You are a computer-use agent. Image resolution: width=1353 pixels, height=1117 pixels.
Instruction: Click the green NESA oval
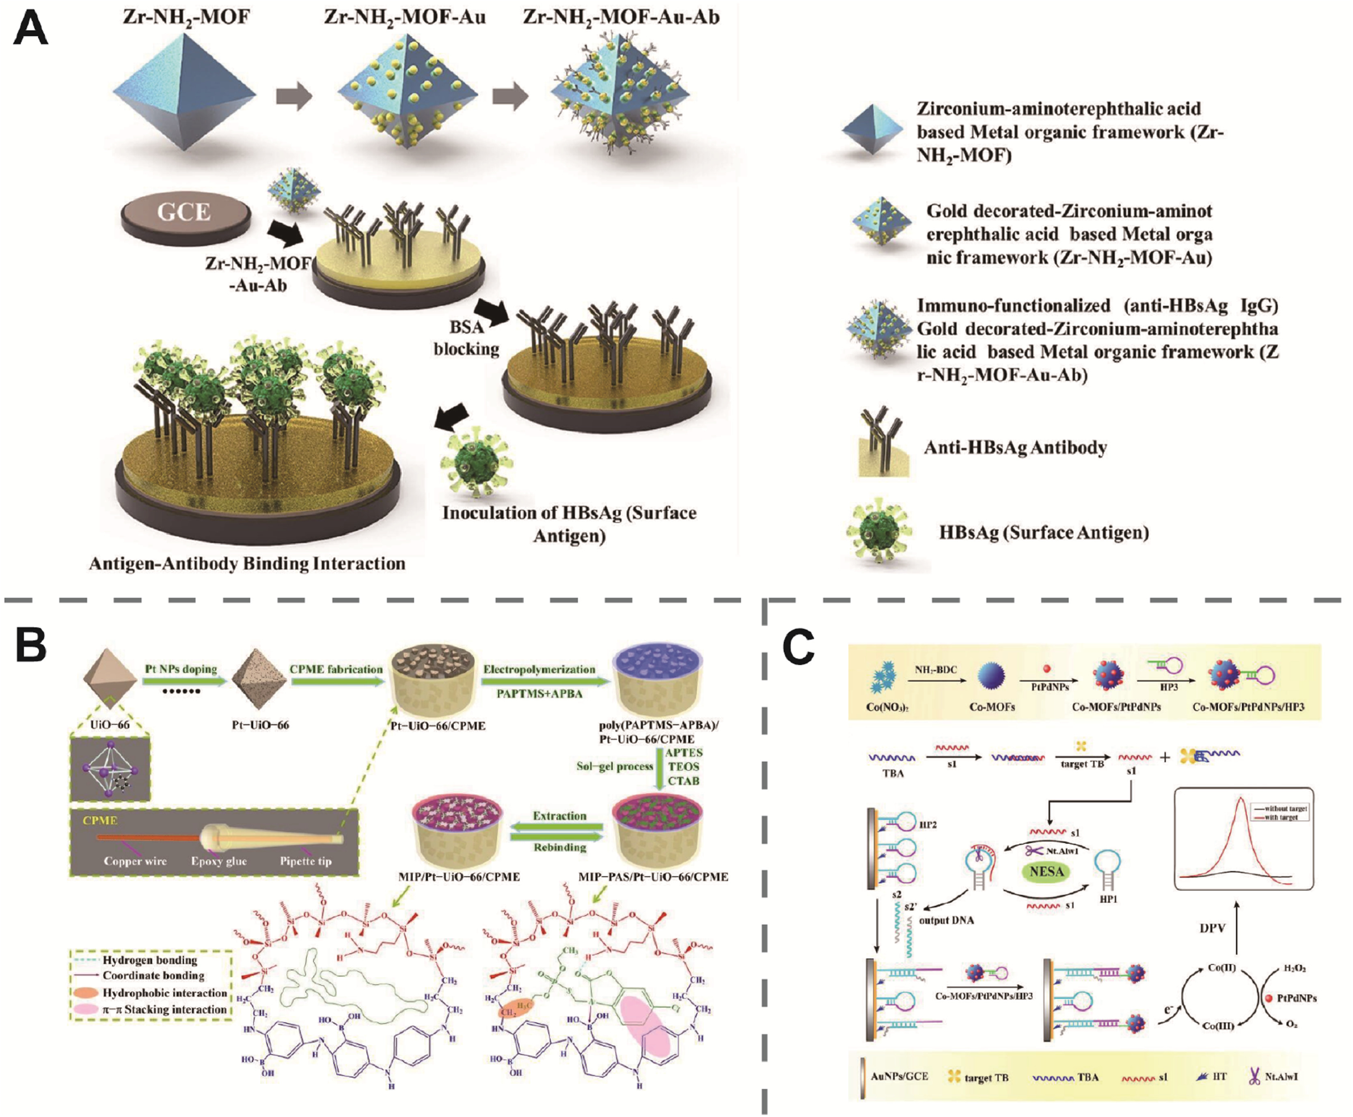click(x=1046, y=872)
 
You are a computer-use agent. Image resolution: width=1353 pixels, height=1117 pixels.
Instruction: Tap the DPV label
click(x=1212, y=928)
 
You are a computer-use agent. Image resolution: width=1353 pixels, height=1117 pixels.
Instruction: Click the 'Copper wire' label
click(x=135, y=861)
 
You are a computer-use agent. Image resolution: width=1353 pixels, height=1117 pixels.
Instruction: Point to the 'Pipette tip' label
click(x=305, y=861)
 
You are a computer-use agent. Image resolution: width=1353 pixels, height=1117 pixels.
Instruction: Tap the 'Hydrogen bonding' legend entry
click(x=149, y=960)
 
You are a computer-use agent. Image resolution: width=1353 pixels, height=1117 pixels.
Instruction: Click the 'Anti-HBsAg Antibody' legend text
click(x=1015, y=447)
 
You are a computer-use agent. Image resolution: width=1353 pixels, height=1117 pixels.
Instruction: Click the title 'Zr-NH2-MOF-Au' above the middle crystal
click(x=404, y=17)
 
